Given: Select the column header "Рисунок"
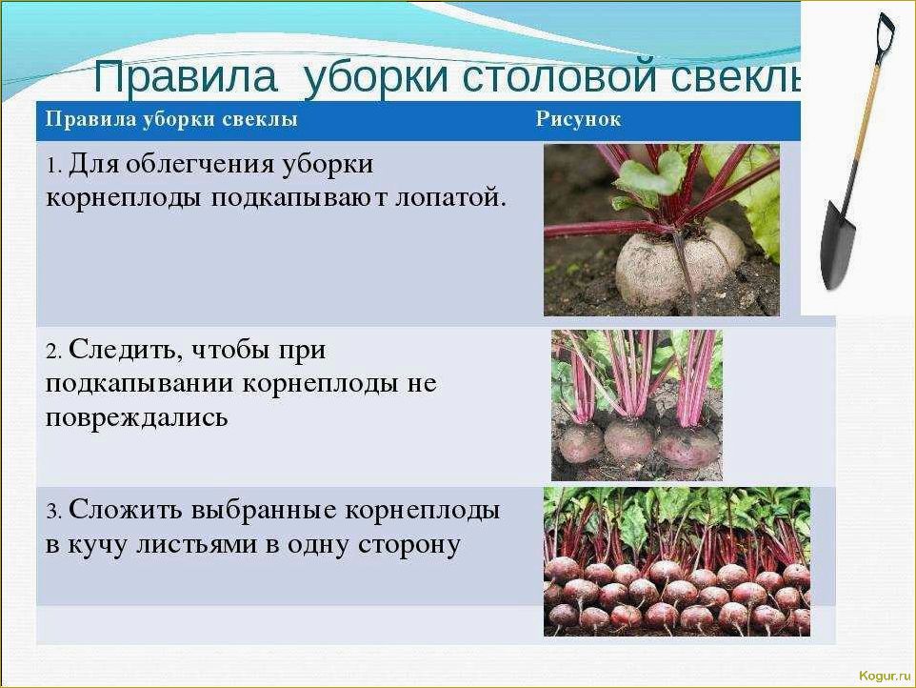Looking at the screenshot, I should pyautogui.click(x=578, y=119).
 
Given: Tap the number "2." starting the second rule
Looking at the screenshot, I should pyautogui.click(x=53, y=351).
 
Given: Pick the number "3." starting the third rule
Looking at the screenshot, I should pyautogui.click(x=53, y=510).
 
